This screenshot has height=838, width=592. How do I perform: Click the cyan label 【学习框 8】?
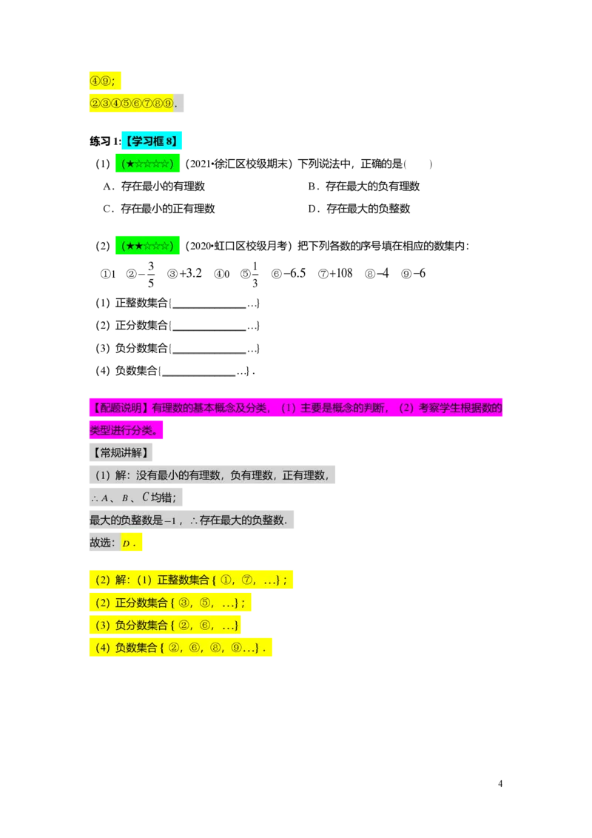tap(152, 141)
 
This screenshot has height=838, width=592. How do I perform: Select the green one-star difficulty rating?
tap(148, 164)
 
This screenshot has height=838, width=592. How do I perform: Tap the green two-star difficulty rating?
tap(148, 246)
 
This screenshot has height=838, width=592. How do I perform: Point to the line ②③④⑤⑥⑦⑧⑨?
tap(132, 103)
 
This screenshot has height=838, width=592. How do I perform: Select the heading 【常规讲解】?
tap(120, 452)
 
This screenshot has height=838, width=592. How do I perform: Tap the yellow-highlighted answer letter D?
tap(127, 544)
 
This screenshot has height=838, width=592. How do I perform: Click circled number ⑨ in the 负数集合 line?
tap(236, 648)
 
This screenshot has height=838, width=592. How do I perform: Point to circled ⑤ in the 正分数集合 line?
tap(206, 603)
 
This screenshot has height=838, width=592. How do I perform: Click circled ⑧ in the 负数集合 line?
tap(216, 648)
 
